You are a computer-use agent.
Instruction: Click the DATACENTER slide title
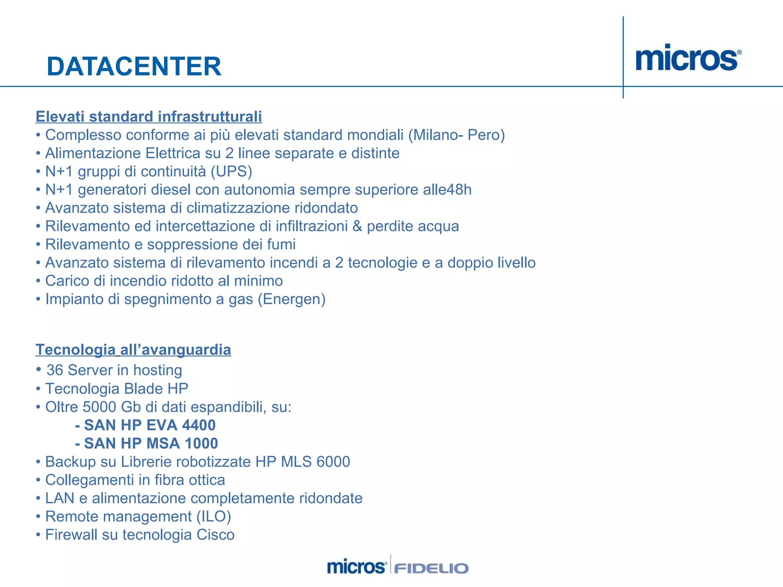[134, 66]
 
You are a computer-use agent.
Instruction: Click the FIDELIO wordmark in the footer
[431, 568]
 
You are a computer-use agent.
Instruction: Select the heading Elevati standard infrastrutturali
[149, 117]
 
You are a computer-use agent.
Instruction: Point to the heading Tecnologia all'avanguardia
[133, 350]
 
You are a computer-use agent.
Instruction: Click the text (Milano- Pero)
[456, 135]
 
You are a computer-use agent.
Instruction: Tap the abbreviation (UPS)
[232, 172]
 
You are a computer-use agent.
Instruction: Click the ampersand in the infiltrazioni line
[357, 226]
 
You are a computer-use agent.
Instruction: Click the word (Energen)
[292, 299]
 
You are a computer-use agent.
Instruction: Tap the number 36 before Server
[55, 370]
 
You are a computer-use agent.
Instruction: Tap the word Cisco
[215, 535]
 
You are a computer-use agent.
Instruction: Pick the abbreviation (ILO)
[214, 517]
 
